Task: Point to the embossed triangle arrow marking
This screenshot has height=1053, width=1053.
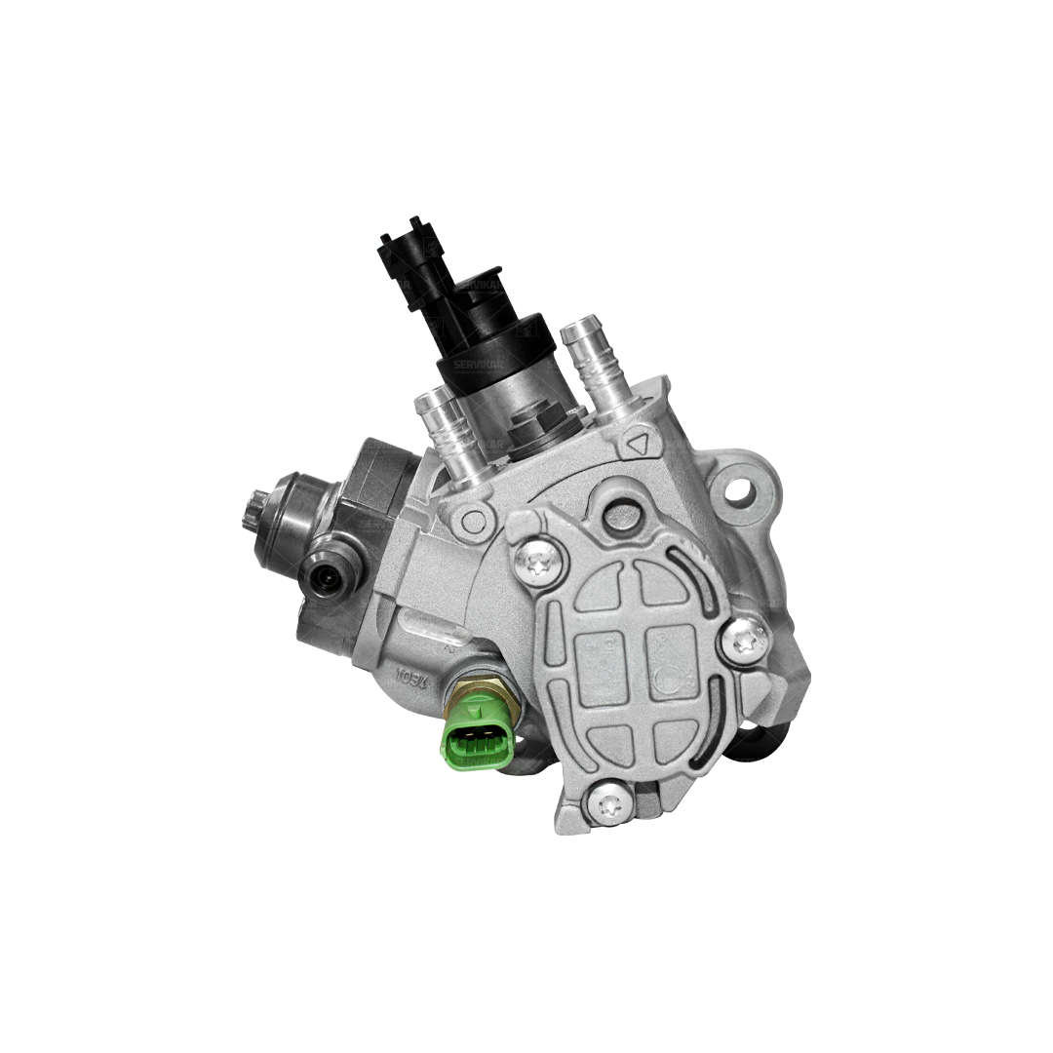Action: pos(640,444)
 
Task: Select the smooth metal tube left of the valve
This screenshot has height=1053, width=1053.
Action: pos(442,429)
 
